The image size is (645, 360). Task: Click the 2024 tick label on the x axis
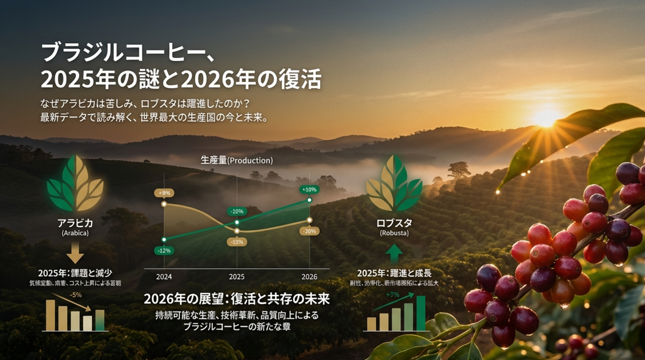click(x=164, y=277)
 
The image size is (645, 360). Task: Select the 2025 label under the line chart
click(x=237, y=277)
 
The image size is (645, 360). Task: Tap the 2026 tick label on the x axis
click(x=309, y=277)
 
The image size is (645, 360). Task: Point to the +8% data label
click(x=164, y=193)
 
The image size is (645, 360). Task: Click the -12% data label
click(x=164, y=251)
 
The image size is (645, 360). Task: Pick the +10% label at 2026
click(x=309, y=189)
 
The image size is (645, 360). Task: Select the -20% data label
click(x=309, y=231)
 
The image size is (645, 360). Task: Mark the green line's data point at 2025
click(x=237, y=222)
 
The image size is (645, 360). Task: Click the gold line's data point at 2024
click(x=164, y=204)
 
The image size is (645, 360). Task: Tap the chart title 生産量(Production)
click(x=237, y=160)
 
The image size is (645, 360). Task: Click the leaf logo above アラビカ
click(x=75, y=183)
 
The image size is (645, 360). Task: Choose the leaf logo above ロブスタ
click(x=394, y=183)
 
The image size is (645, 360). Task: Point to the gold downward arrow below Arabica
click(x=75, y=253)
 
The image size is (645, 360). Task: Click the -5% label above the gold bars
click(x=76, y=295)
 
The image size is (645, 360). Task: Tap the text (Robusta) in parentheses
click(x=394, y=233)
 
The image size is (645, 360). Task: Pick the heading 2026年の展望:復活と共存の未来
click(x=237, y=299)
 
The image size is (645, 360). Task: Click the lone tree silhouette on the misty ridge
click(x=459, y=169)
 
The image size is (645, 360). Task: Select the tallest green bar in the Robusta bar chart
click(x=421, y=313)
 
